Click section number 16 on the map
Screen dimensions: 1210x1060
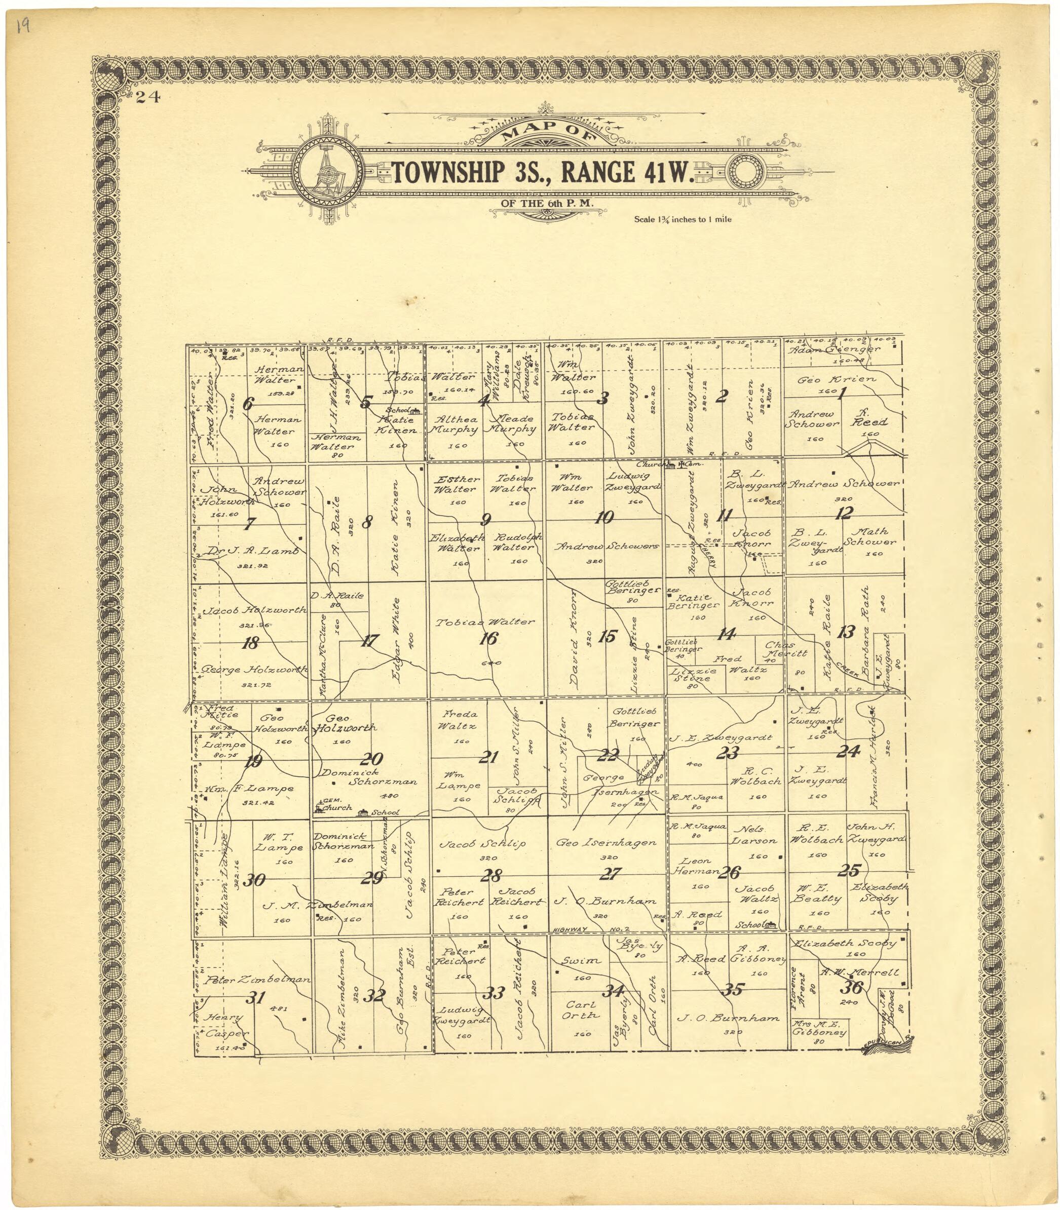click(488, 638)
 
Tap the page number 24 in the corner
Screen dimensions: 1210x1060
click(147, 98)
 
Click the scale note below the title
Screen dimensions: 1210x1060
click(683, 219)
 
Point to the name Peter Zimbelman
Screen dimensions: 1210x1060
click(257, 980)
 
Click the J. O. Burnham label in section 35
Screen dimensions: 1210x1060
click(728, 1019)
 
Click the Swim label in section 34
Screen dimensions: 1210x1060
click(581, 961)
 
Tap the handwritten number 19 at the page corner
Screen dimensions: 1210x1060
click(24, 27)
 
